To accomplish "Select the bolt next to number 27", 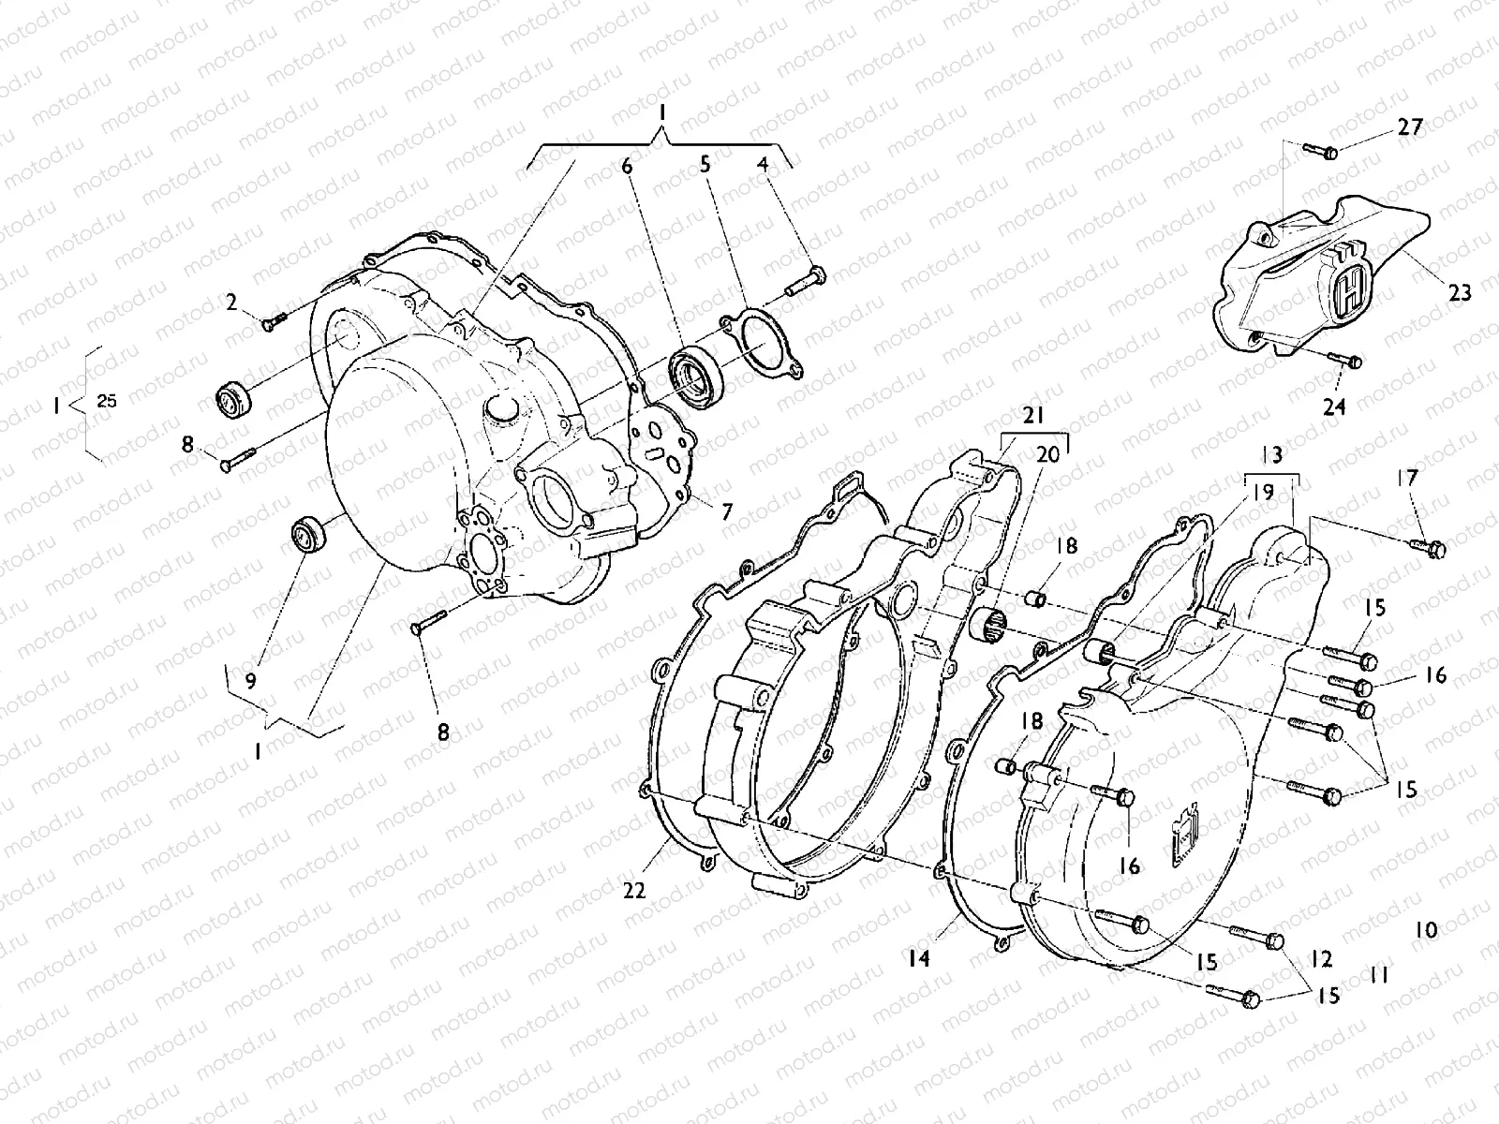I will [x=1321, y=151].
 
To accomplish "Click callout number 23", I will [x=1460, y=293].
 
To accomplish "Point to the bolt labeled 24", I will [x=1346, y=359].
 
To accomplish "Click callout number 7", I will [x=727, y=511].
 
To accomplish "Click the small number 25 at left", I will [x=107, y=401].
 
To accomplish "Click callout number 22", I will [x=634, y=892].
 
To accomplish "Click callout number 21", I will [x=1032, y=417].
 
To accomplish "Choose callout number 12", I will [x=1321, y=959].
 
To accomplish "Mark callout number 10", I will [x=1426, y=930].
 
